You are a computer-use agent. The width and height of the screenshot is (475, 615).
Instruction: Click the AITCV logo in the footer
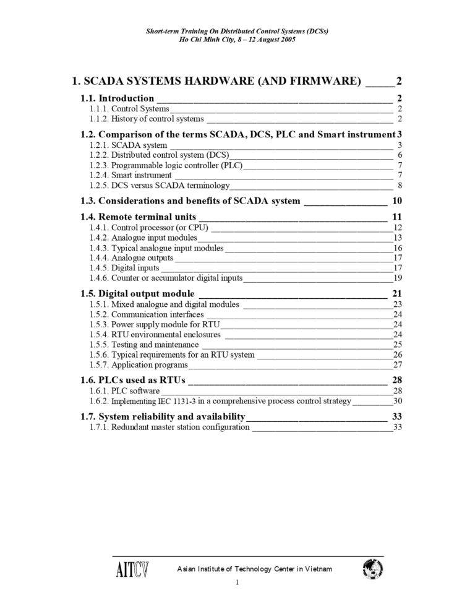[132, 569]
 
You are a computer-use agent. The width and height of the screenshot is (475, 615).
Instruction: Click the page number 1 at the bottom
[237, 583]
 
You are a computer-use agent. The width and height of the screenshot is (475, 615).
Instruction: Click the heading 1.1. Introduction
[118, 98]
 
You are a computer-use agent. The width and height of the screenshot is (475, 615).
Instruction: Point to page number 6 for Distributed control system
[400, 155]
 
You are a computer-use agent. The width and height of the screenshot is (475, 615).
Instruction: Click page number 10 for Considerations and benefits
[397, 200]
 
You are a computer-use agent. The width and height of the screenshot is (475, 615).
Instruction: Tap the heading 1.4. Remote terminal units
[139, 217]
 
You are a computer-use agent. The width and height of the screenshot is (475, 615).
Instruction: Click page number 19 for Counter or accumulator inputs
[398, 278]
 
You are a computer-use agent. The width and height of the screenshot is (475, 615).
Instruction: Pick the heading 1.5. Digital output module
[138, 293]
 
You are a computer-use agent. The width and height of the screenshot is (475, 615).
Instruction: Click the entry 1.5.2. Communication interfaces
[147, 314]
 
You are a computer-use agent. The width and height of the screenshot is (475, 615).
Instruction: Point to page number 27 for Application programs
[398, 364]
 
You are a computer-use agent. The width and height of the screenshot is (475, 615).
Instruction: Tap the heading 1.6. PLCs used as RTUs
[133, 380]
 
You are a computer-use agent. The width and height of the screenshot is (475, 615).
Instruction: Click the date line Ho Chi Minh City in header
[237, 39]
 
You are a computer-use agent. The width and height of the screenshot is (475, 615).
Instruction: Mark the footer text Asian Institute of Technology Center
[255, 569]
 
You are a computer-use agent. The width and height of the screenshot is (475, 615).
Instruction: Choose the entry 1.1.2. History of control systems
[147, 119]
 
